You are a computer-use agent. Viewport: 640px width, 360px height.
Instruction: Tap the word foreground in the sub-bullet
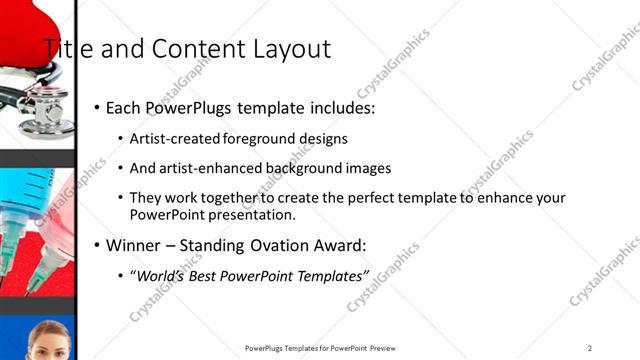264,139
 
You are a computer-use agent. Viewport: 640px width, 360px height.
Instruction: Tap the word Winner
134,245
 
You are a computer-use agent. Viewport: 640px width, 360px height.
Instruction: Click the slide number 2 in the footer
590,348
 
